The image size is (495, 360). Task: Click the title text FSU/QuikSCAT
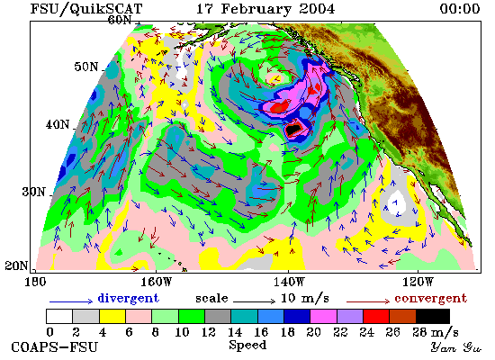coord(85,8)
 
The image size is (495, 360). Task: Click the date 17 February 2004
coord(265,8)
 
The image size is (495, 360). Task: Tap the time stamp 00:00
coord(460,8)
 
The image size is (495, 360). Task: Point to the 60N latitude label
coord(120,20)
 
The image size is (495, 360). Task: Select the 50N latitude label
coord(86,67)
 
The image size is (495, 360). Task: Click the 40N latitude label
coord(57,124)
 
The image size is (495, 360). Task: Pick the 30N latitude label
coord(33,192)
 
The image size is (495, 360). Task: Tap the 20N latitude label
coord(16,265)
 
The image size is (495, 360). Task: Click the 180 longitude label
coord(35,282)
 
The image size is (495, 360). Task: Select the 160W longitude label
coord(156,282)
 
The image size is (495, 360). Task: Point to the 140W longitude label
coord(289,282)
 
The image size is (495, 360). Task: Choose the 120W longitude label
coord(418,282)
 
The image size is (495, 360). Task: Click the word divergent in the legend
coord(129,299)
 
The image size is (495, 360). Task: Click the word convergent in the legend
coord(430,299)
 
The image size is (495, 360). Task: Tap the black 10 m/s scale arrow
coord(255,301)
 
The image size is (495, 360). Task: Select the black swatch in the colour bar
coord(433,316)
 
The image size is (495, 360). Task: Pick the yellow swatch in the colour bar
coord(112,316)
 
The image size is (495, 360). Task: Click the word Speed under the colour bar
coord(247,346)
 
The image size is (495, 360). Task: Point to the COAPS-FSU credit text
coord(54,347)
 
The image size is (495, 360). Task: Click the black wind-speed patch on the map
coord(293,129)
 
